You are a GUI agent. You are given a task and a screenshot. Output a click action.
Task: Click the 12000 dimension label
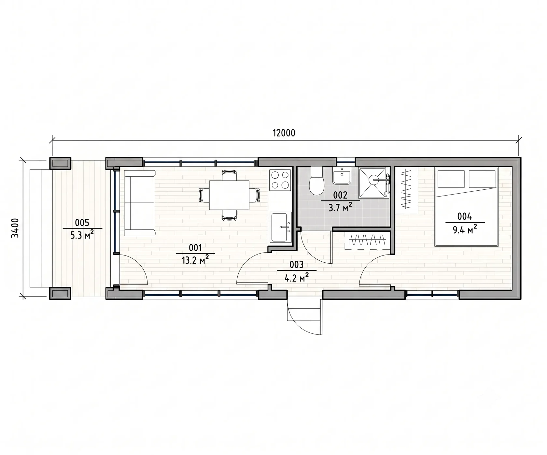pyautogui.click(x=284, y=133)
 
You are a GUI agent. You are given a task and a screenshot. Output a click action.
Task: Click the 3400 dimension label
pyautogui.click(x=15, y=228)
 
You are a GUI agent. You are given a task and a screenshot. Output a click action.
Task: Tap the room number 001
pyautogui.click(x=195, y=248)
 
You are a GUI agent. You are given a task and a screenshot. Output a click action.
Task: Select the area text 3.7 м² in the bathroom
pyautogui.click(x=340, y=207)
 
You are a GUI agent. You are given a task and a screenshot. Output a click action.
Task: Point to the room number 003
pyautogui.click(x=297, y=265)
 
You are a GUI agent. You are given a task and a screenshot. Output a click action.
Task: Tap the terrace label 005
pyautogui.click(x=82, y=223)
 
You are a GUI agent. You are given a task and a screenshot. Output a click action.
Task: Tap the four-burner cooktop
pyautogui.click(x=280, y=180)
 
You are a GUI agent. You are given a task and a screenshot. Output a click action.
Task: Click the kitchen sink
pyautogui.click(x=281, y=227)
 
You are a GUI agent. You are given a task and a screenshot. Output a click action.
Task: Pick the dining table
pyautogui.click(x=229, y=195)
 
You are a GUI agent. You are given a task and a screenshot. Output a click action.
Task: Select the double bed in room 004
pyautogui.click(x=467, y=207)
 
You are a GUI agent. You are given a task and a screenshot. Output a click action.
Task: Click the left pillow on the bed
pyautogui.click(x=451, y=179)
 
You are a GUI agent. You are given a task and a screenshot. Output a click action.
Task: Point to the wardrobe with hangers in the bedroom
pyautogui.click(x=407, y=190)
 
